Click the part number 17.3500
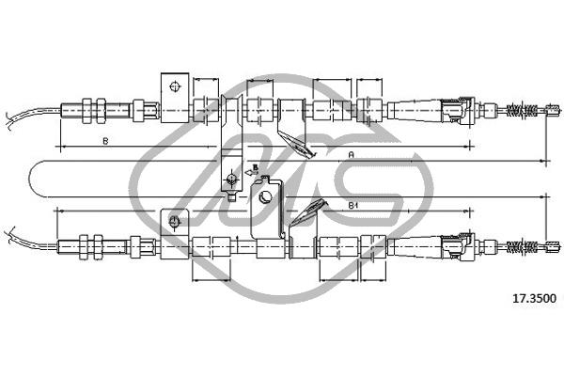coord(534,298)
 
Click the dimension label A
coord(352,155)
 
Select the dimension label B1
coord(352,206)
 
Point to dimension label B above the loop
coord(105,141)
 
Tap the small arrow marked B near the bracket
coord(252,171)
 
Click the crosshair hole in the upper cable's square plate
coord(175,86)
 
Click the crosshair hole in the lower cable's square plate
coord(174,222)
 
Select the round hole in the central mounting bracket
coord(266,196)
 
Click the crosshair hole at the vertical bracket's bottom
coord(231,179)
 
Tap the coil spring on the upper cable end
coord(522,110)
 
